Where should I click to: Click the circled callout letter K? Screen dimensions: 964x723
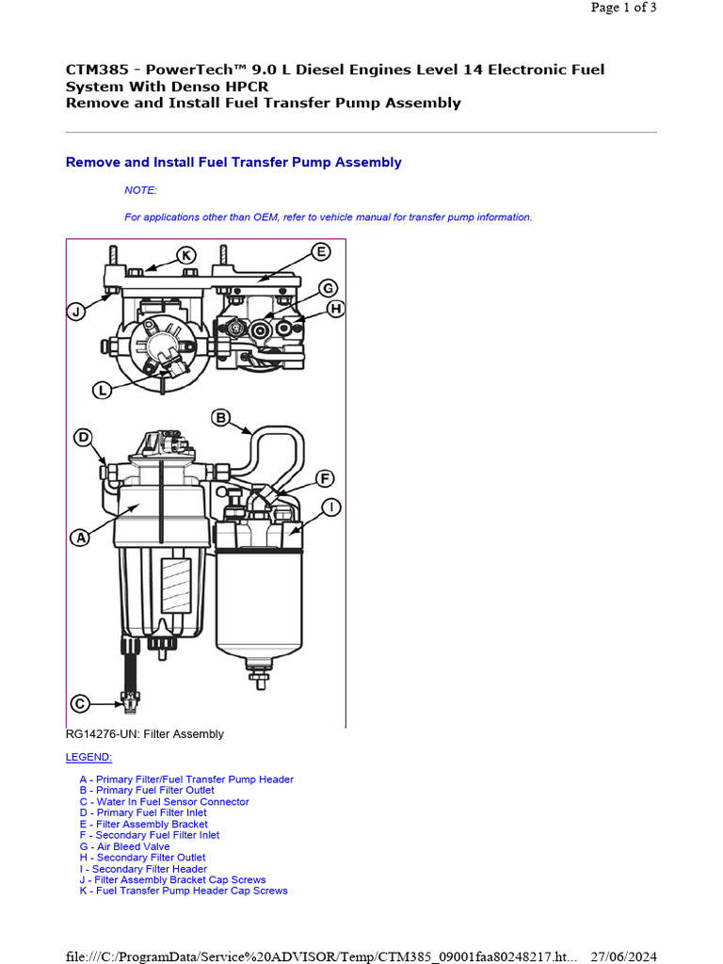(186, 255)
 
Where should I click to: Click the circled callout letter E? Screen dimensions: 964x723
(321, 251)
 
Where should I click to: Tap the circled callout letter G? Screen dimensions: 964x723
(328, 288)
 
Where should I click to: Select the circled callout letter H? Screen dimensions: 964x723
(335, 309)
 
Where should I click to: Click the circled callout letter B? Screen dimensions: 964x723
(220, 417)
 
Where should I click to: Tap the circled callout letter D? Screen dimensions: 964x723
(84, 438)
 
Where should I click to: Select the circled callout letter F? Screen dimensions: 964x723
(325, 478)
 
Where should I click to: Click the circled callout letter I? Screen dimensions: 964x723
(331, 508)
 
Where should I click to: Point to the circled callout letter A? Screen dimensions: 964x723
(80, 538)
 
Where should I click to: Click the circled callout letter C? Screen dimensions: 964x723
(81, 703)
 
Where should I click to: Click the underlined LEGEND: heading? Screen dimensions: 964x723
(88, 757)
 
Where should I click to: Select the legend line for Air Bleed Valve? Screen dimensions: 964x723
(124, 846)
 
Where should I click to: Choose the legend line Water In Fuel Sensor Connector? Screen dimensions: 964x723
(164, 802)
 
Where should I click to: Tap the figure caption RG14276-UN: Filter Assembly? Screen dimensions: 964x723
(145, 734)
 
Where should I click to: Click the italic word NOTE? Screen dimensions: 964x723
(140, 190)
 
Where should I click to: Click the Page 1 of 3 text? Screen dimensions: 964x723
(623, 8)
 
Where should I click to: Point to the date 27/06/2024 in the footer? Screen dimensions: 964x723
(623, 956)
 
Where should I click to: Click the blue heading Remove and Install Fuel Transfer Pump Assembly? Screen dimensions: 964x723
(233, 162)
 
